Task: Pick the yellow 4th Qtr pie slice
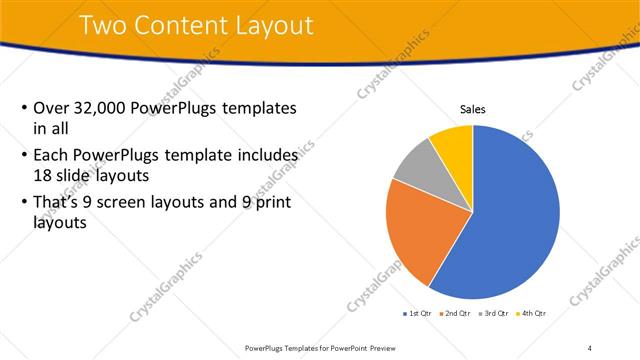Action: tap(453, 142)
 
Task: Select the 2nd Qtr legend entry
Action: tap(456, 314)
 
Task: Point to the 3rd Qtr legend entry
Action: tap(495, 314)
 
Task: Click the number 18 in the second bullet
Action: tap(42, 174)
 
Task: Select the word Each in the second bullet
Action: tap(51, 156)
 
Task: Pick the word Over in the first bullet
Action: tap(51, 108)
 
